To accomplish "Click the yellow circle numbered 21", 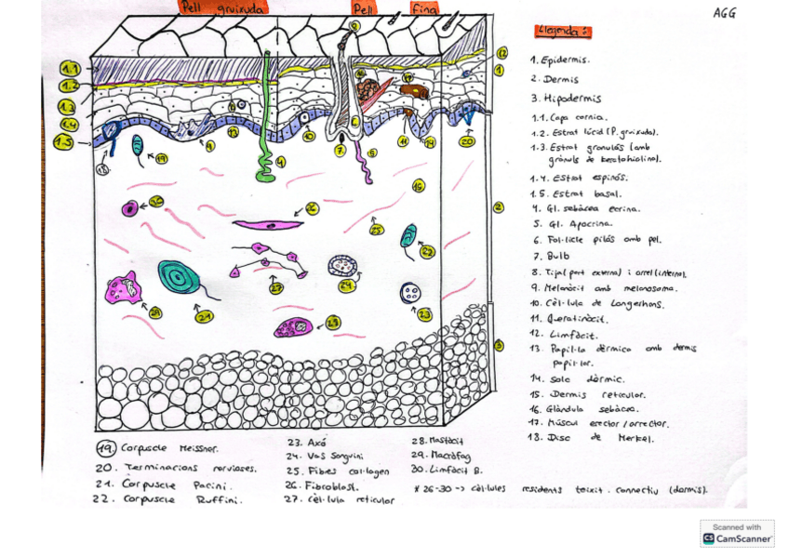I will [x=205, y=317].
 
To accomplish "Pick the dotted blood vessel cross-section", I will [x=343, y=267].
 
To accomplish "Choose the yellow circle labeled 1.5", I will [x=64, y=142].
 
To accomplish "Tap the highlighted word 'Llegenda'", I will [x=562, y=32].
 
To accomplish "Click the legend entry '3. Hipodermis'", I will [x=566, y=99].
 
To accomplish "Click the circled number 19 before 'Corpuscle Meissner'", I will [x=108, y=449].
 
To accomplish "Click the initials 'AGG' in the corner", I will [x=725, y=13].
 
